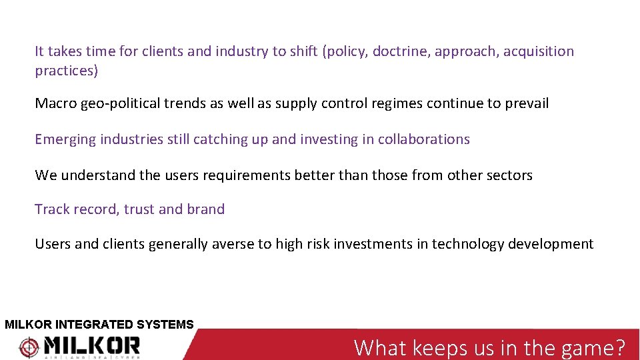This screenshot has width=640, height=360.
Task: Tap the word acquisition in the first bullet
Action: click(539, 51)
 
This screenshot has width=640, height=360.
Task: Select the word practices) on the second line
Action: click(66, 71)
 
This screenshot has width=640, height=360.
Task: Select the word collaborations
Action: click(424, 139)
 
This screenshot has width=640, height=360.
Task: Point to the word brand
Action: click(205, 209)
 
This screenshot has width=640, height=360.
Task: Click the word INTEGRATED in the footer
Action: click(95, 325)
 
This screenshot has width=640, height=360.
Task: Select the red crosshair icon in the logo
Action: click(29, 347)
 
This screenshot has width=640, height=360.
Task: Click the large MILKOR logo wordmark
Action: click(92, 345)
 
